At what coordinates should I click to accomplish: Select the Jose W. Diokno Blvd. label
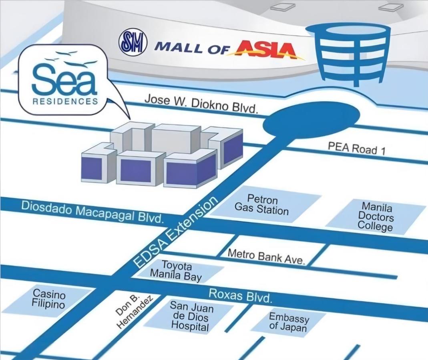[x=201, y=104]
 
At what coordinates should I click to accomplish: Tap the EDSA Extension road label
[x=176, y=232]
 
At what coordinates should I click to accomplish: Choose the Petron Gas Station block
[x=263, y=204]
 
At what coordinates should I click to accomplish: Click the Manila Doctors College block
[x=376, y=216]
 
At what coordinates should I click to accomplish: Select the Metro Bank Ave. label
[x=266, y=256]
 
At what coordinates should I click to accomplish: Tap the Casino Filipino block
[x=48, y=300]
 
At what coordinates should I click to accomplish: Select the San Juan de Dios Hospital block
[x=189, y=316]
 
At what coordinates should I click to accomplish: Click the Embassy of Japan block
[x=289, y=322]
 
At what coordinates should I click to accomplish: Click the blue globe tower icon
[x=348, y=54]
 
